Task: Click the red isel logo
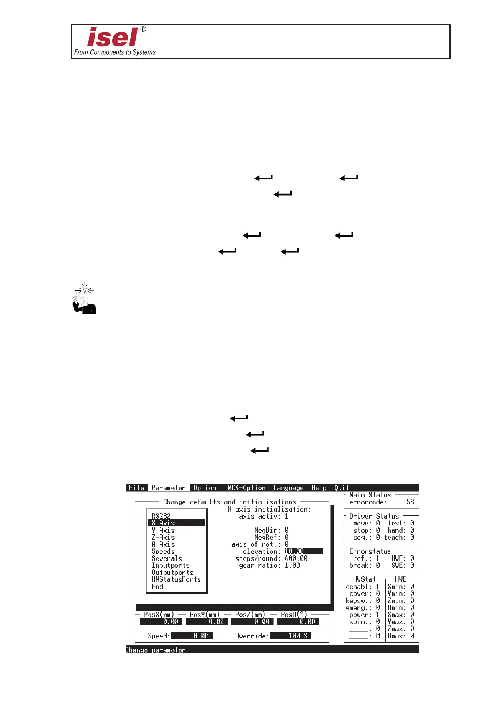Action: point(112,37)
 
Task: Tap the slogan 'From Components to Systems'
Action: point(115,52)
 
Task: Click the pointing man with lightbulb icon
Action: point(85,298)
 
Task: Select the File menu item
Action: point(136,488)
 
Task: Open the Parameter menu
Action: point(168,488)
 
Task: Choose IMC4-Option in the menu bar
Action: point(245,488)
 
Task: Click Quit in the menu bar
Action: point(341,488)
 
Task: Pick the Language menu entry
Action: point(288,488)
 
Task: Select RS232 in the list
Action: point(161,516)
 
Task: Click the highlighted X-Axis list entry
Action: point(163,523)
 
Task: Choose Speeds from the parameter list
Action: point(163,551)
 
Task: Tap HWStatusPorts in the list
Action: point(176,579)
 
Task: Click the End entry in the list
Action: point(157,587)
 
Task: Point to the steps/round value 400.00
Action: point(296,558)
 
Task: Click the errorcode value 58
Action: point(410,502)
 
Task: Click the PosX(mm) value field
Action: point(161,622)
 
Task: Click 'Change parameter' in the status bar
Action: point(156,650)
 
